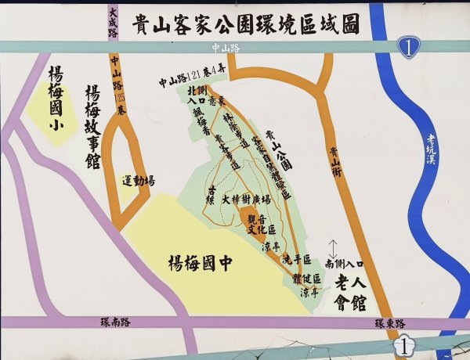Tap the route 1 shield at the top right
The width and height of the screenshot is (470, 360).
coord(409,47)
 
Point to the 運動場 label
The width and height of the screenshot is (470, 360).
coord(139,181)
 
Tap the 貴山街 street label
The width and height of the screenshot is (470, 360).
coord(334,164)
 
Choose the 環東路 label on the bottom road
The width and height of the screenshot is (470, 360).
coord(389,323)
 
